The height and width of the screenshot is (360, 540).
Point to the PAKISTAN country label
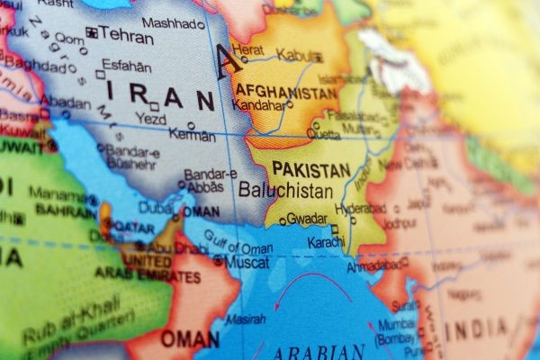pos(310,168)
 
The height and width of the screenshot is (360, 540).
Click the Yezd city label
pos(146,118)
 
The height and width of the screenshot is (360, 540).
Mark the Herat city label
pos(248,49)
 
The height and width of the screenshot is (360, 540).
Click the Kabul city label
pos(294,56)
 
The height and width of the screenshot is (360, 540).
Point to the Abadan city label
pos(67,103)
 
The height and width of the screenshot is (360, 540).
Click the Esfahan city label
pos(127,66)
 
